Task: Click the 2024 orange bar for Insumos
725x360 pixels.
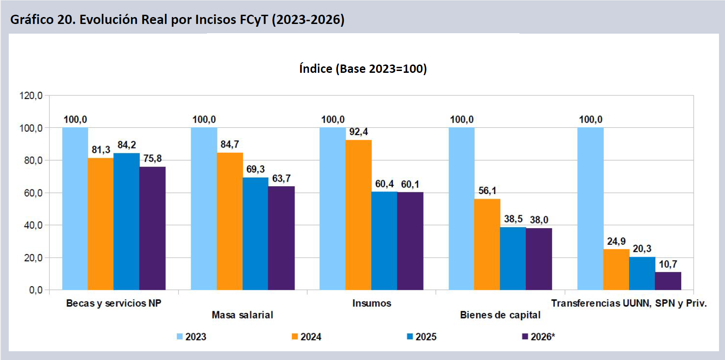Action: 358,215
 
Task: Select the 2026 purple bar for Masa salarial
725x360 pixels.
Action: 281,238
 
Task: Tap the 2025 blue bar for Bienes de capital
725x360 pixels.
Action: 513,259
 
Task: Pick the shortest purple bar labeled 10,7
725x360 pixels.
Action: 668,281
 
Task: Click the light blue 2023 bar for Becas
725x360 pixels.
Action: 75,209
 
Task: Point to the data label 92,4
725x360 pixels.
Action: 359,132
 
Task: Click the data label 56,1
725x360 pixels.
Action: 488,191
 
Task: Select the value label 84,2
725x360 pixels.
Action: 127,145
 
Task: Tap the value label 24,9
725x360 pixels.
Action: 616,241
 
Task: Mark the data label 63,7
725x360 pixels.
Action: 281,178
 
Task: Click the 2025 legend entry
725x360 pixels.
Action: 422,336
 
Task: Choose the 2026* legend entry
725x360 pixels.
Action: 539,336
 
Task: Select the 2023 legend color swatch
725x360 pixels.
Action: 180,336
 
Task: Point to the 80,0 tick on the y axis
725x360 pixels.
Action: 33,160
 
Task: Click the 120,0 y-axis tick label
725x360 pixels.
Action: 31,96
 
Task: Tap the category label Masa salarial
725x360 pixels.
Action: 242,315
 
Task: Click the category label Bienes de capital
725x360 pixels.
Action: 501,315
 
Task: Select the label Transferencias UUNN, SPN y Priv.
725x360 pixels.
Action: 629,303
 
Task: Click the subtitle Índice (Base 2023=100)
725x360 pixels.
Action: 363,69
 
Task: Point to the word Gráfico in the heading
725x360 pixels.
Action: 32,20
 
